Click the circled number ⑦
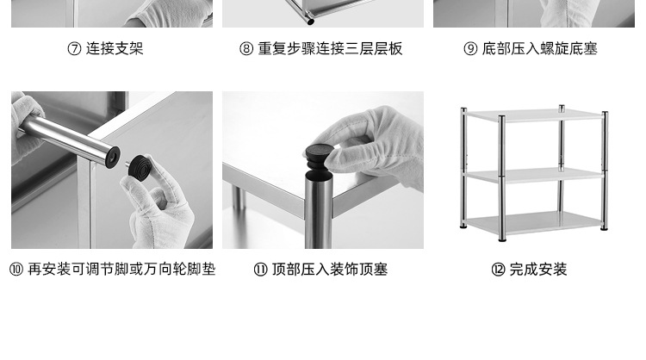[x=75, y=49]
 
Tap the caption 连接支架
[x=115, y=49]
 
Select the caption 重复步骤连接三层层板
[x=331, y=49]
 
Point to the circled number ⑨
[x=470, y=49]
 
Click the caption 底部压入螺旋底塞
[x=540, y=49]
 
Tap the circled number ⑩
[x=16, y=270]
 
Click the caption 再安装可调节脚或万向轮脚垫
[x=121, y=270]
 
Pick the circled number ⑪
[x=260, y=270]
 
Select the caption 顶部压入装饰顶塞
[x=330, y=270]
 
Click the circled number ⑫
[x=498, y=270]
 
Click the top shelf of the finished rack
[x=534, y=115]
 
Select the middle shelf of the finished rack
[x=534, y=173]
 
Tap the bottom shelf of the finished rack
[x=534, y=225]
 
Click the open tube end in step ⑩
[x=109, y=156]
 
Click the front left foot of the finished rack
[x=466, y=228]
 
